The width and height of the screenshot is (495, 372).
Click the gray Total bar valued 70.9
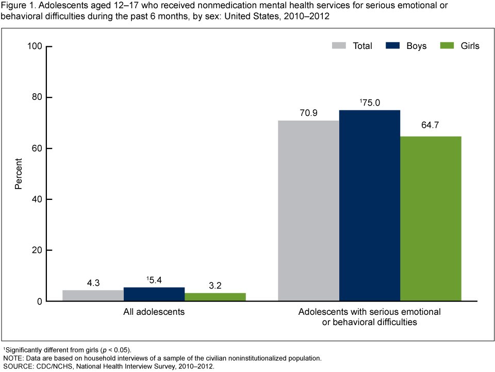tap(308, 211)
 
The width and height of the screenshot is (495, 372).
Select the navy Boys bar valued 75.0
tap(369, 206)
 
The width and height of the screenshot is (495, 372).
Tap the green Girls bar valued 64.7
tap(431, 218)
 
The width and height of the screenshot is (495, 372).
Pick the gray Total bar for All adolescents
tap(93, 296)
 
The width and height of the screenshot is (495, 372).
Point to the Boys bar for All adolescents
tap(154, 294)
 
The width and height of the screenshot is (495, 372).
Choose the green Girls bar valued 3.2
tap(215, 297)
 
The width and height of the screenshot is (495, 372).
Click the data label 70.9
tap(308, 112)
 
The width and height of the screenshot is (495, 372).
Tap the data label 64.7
tap(431, 128)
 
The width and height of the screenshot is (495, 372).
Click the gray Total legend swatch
tap(338, 46)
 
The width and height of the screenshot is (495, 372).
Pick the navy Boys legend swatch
tap(393, 46)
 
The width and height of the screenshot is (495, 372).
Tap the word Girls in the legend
tap(470, 46)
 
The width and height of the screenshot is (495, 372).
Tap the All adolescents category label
tap(154, 312)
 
